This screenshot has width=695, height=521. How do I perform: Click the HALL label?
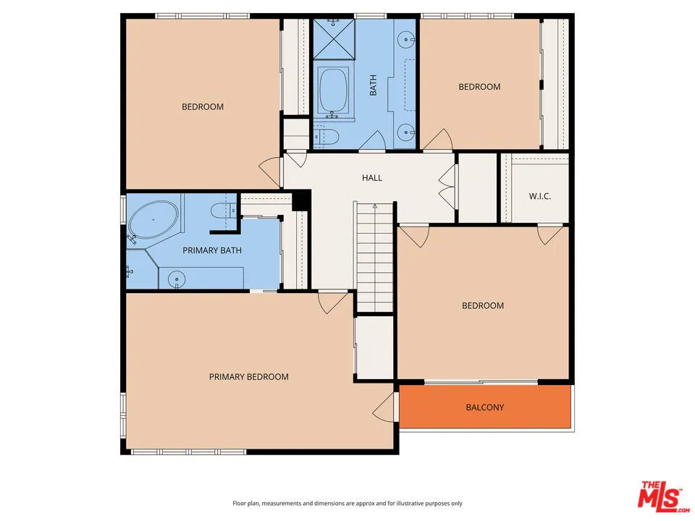tap(372, 178)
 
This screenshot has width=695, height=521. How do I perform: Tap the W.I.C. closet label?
tap(540, 195)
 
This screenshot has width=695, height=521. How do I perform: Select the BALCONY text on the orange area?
tap(484, 407)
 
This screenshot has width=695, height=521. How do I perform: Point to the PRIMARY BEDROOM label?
tap(248, 377)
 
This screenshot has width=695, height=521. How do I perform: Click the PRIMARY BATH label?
tap(212, 251)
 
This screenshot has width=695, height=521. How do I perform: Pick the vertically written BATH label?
tap(374, 87)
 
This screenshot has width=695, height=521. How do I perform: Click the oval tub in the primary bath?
tap(153, 219)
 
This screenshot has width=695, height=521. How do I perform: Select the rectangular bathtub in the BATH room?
tap(334, 92)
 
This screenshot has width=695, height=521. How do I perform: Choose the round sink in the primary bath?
tap(174, 279)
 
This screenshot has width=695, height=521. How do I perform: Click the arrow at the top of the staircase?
tap(374, 208)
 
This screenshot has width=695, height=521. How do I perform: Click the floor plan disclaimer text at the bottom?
tap(347, 503)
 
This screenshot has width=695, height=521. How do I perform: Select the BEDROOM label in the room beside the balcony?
tap(483, 305)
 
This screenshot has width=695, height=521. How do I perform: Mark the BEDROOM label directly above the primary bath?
tap(202, 107)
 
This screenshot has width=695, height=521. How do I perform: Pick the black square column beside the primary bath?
tap(301, 200)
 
